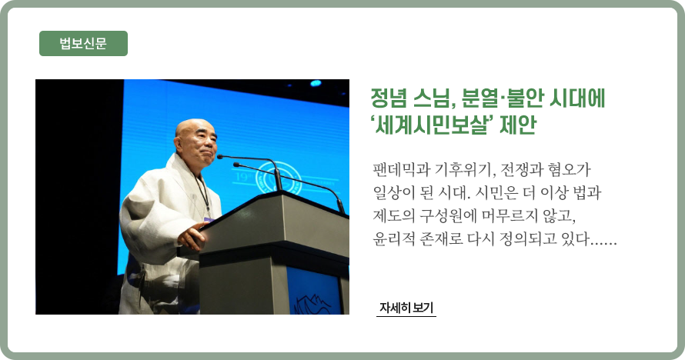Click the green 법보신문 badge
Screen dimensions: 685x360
click(x=83, y=43)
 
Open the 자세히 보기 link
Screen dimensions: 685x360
click(x=406, y=308)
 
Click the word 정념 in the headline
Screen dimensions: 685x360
click(x=389, y=98)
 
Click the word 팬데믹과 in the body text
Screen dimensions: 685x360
click(x=402, y=169)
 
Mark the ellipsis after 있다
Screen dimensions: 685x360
click(x=603, y=243)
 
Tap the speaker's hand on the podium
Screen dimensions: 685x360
click(x=192, y=236)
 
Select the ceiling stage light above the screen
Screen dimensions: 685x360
click(x=316, y=83)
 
